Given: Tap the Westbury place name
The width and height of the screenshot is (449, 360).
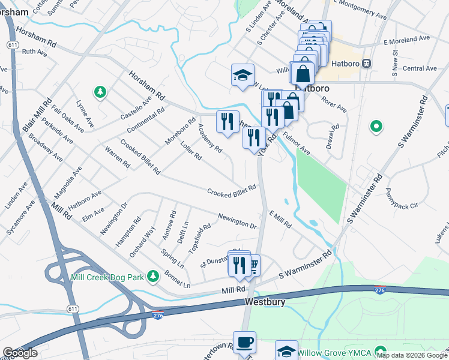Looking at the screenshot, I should pos(265,302).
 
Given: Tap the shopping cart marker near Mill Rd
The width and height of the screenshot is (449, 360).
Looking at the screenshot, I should pos(253,264).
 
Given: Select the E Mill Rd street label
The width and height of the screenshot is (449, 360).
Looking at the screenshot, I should pos(280,219).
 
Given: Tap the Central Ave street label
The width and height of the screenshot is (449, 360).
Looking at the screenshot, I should pos(420,68).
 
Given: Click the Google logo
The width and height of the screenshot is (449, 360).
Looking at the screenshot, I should pos(20,353).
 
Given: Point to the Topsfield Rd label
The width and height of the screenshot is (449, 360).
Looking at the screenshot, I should pos(200,236).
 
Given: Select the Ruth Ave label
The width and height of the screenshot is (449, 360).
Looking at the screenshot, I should pos(34,52).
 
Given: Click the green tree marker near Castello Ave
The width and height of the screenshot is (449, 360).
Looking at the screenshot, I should pos(100,92).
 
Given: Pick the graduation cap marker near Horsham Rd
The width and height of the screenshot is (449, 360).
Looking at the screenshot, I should pos(243,75).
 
